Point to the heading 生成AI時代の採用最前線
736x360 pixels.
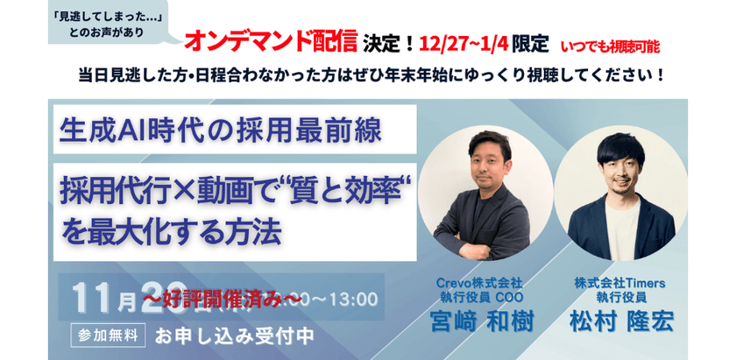pyautogui.click(x=220, y=130)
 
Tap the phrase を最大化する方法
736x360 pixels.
pyautogui.click(x=170, y=232)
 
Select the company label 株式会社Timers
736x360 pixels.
pyautogui.click(x=621, y=284)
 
